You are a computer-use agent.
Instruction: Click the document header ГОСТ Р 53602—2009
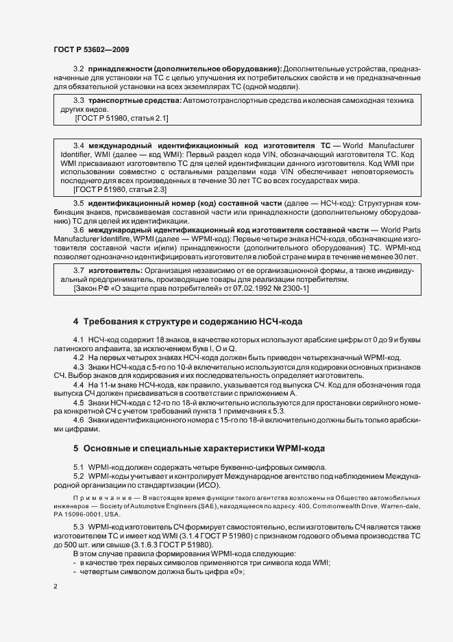click(x=90, y=50)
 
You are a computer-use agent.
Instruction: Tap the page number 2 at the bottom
click(x=55, y=587)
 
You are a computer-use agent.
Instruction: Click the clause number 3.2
click(x=78, y=69)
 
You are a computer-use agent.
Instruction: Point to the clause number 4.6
click(x=78, y=420)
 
